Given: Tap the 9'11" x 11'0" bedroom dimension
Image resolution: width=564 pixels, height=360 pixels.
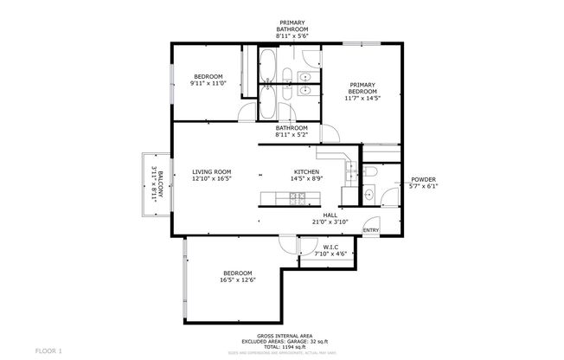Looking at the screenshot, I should [208, 84].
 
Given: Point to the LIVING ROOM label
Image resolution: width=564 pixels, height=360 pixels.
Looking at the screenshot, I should [212, 172].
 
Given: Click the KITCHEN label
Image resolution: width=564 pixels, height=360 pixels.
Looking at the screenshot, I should [307, 172].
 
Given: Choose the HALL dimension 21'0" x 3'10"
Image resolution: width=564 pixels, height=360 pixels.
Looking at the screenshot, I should [330, 222].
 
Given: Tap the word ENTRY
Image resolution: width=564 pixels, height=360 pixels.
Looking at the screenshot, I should [370, 230].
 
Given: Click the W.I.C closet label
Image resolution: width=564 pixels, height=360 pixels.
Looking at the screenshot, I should [329, 248].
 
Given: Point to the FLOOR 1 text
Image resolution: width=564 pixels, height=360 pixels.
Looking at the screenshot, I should [48, 350].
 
